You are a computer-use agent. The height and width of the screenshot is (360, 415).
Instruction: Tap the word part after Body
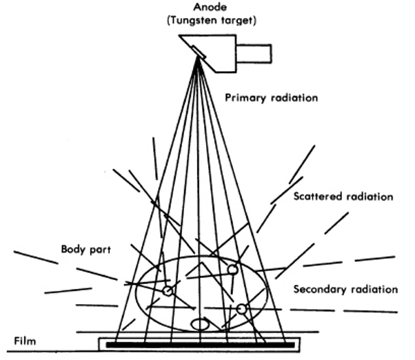pos(101,248)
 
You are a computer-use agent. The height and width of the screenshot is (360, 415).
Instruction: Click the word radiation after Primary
pos(294,98)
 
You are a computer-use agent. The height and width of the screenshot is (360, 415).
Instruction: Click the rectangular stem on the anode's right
pos(255,52)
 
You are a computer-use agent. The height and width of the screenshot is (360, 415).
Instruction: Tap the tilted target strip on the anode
pos(197,51)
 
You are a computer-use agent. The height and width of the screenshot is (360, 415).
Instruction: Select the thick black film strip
pos(199,343)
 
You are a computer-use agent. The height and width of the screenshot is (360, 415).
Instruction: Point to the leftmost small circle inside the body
pos(167,292)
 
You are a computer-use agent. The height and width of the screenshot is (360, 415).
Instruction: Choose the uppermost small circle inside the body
pos(233,268)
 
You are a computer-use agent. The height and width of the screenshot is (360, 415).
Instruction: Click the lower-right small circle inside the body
pos(241,308)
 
